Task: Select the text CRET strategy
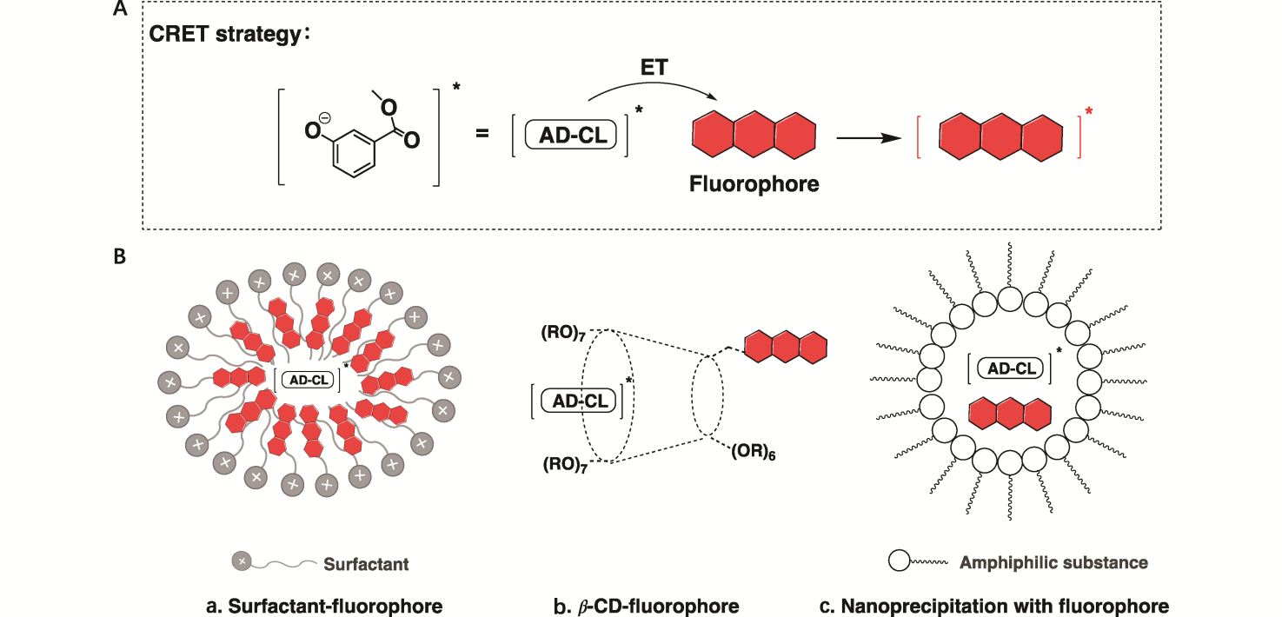[231, 36]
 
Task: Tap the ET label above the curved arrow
[653, 67]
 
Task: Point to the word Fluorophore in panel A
[754, 184]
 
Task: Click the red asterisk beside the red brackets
[1088, 112]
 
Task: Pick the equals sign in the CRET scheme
[482, 134]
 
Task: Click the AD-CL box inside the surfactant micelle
[309, 380]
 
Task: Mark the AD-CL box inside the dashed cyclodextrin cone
[579, 401]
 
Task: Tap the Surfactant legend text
[366, 565]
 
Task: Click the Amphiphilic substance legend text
[1053, 563]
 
